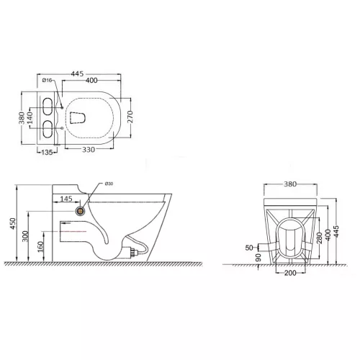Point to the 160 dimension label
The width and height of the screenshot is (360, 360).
[42, 246]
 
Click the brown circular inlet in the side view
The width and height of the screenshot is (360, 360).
[80, 212]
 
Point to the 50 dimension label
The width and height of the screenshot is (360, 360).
[249, 247]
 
